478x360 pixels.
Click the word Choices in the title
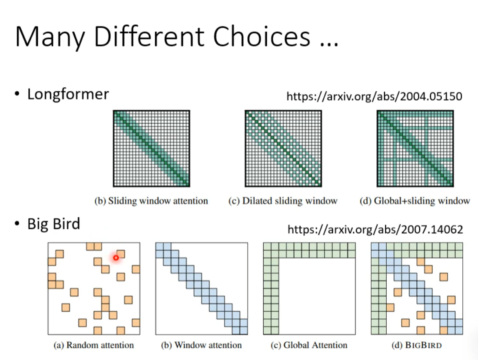262,36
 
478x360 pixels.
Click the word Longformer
68,94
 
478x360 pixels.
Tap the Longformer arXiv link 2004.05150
374,96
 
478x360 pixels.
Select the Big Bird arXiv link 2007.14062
375,229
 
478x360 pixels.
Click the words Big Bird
53,224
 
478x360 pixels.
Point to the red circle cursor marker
116,258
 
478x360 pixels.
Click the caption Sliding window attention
151,201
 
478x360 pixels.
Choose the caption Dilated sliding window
283,201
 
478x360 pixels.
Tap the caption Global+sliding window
415,201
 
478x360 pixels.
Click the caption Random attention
93,345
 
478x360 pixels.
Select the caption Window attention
201,345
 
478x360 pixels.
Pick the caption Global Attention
309,345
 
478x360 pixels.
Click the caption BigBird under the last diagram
416,345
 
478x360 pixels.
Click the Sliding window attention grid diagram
152,149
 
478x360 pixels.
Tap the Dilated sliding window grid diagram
283,149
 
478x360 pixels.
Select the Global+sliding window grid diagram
415,149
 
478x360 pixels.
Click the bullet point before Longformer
17,94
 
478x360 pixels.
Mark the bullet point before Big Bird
17,224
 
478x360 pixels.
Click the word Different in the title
149,36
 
